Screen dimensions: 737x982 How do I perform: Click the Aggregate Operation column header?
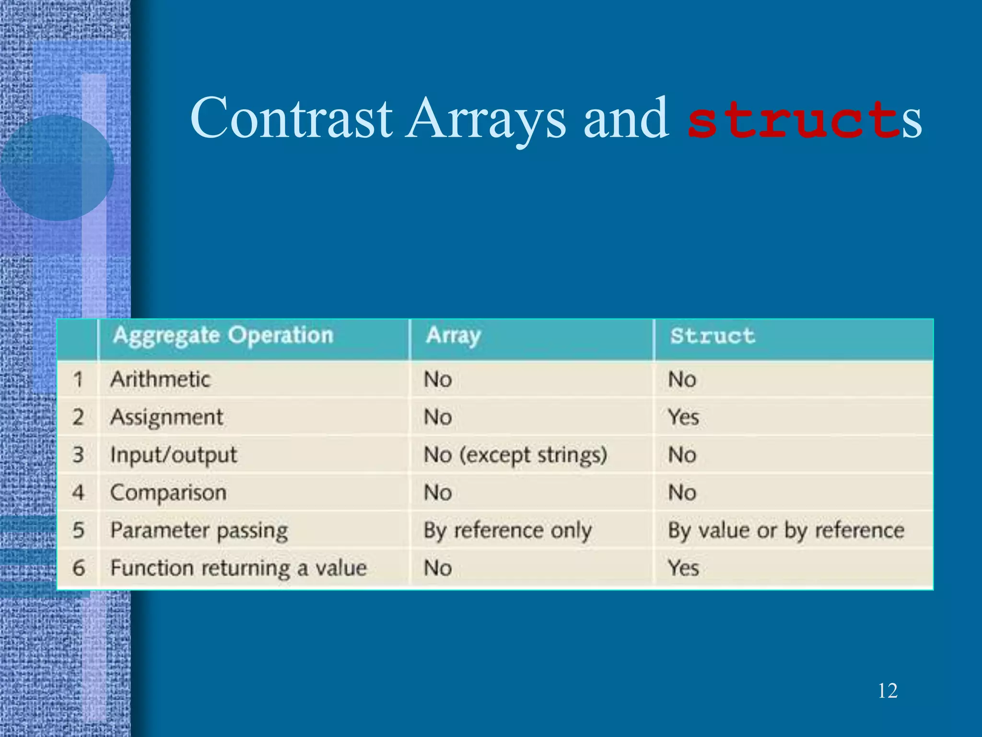pyautogui.click(x=223, y=335)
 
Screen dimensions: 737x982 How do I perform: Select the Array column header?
pyautogui.click(x=453, y=335)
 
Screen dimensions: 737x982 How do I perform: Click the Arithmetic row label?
pyautogui.click(x=160, y=380)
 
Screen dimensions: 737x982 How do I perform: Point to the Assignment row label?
pyautogui.click(x=166, y=417)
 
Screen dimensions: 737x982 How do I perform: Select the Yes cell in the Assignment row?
pyautogui.click(x=683, y=417)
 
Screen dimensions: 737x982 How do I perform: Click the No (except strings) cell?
pyautogui.click(x=515, y=455)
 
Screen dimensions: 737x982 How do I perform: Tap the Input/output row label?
pyautogui.click(x=174, y=455)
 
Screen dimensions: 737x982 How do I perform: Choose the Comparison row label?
pyautogui.click(x=168, y=493)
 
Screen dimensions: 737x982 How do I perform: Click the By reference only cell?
pyautogui.click(x=507, y=531)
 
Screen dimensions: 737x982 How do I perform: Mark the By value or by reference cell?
pyautogui.click(x=786, y=531)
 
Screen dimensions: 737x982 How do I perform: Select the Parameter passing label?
pyautogui.click(x=199, y=531)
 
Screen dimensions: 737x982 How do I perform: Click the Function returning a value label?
pyautogui.click(x=238, y=568)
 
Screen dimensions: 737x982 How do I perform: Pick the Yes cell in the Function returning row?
pyautogui.click(x=683, y=568)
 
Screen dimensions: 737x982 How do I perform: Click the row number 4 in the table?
pyautogui.click(x=78, y=493)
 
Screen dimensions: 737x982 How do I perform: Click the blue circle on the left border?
pyautogui.click(x=57, y=168)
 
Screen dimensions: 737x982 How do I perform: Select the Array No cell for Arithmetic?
pyautogui.click(x=438, y=380)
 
